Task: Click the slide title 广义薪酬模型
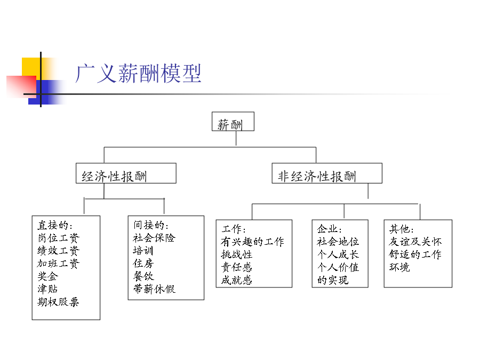pos(138,74)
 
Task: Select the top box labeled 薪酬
pos(233,122)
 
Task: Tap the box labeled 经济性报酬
pos(126,173)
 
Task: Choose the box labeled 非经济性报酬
pos(327,173)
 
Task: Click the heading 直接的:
pos(55,225)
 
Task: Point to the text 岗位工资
pos(59,238)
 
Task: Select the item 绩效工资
pos(59,251)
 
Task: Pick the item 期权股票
pos(59,302)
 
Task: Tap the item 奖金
pos(48,276)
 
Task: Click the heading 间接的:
pos(151,225)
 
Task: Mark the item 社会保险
pos(154,238)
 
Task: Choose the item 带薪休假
pos(154,289)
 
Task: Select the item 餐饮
pos(143,276)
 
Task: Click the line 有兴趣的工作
pos(253,242)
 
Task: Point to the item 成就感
pos(237,280)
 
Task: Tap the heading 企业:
pos(330,229)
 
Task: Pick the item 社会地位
pos(338,242)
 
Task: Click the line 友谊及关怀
pos(415,242)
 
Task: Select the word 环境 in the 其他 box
pos(399,267)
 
